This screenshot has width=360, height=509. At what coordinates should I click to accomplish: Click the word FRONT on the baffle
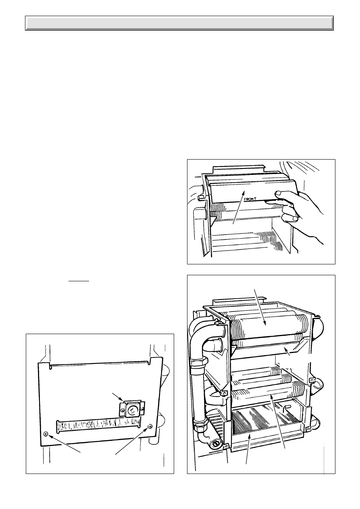tap(250, 199)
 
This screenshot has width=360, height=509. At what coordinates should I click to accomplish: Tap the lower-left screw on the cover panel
tap(46, 434)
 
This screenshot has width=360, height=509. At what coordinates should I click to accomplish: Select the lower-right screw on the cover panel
tap(150, 426)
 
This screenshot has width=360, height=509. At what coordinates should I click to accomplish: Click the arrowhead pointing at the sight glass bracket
tap(122, 399)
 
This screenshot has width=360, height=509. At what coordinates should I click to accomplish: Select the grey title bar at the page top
tap(179, 23)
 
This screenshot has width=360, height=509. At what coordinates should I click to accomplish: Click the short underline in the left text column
tap(79, 281)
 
